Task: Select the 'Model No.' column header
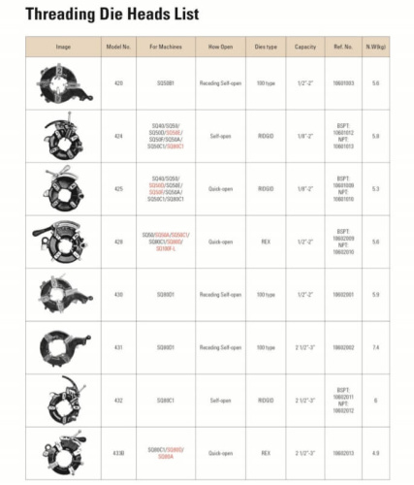(x=118, y=47)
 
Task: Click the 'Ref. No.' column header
(x=343, y=47)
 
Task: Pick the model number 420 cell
(x=118, y=83)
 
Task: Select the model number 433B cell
(x=118, y=452)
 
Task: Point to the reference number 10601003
(x=343, y=83)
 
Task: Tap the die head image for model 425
(x=63, y=188)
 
